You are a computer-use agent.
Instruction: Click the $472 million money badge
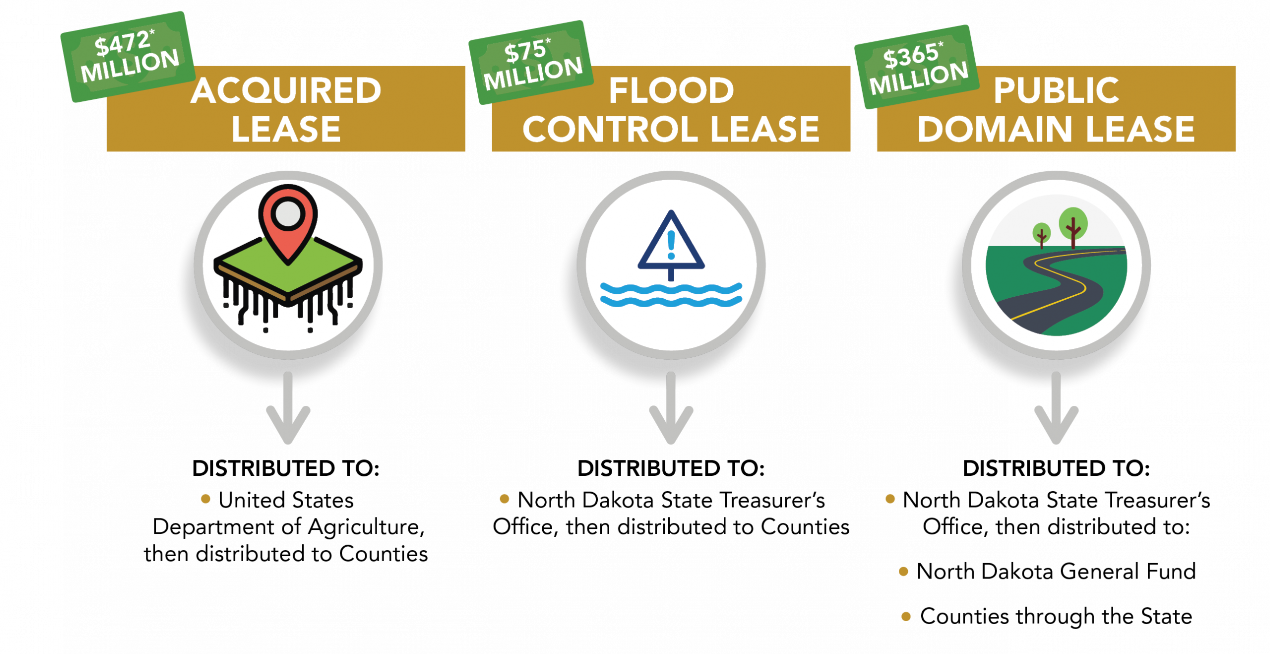[x=127, y=57]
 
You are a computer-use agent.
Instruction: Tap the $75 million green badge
[x=531, y=63]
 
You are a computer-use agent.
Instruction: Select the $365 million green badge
[x=917, y=66]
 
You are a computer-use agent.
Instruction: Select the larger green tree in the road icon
[x=1073, y=227]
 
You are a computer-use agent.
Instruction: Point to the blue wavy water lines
[x=671, y=295]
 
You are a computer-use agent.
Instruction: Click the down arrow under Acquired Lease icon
[x=288, y=407]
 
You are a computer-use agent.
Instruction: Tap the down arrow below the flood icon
[x=671, y=407]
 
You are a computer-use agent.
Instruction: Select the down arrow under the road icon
[x=1056, y=407]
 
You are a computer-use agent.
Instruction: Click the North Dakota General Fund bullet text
[x=1056, y=571]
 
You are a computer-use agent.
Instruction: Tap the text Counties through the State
[x=1056, y=616]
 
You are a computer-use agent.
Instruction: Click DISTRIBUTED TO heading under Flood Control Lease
[x=671, y=468]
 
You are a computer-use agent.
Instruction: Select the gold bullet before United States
[x=206, y=499]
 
